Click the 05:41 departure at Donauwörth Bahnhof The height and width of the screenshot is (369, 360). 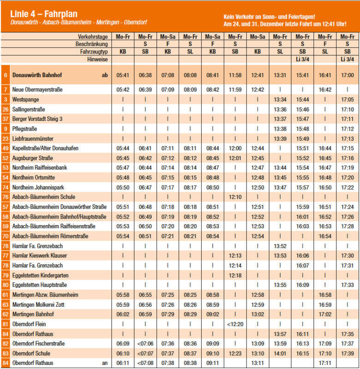click(x=123, y=75)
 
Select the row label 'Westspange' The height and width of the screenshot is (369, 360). click(x=26, y=99)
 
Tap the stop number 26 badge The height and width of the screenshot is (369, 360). click(x=6, y=109)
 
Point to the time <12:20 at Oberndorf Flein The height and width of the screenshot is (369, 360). click(x=235, y=324)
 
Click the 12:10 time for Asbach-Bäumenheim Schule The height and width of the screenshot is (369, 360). click(x=235, y=197)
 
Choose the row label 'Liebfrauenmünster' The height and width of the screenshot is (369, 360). click(x=33, y=138)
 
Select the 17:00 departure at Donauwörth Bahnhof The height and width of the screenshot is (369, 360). click(x=348, y=75)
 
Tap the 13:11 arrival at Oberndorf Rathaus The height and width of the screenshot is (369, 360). click(x=258, y=363)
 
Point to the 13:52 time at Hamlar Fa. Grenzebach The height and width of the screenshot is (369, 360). click(x=280, y=246)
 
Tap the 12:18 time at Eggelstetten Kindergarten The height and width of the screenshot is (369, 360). click(x=235, y=275)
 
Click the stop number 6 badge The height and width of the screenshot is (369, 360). click(x=6, y=75)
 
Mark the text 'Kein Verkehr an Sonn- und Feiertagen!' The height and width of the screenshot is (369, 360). click(x=269, y=16)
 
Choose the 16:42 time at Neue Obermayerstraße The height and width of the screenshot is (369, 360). click(x=325, y=89)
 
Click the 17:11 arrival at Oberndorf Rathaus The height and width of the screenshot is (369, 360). click(x=325, y=363)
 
